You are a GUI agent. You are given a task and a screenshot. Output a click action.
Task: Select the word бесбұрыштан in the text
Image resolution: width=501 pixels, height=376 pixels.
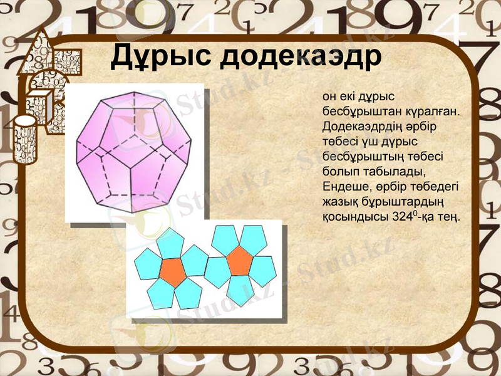355,111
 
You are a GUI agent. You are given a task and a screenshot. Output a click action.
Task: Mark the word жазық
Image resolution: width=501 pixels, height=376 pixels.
339,201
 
